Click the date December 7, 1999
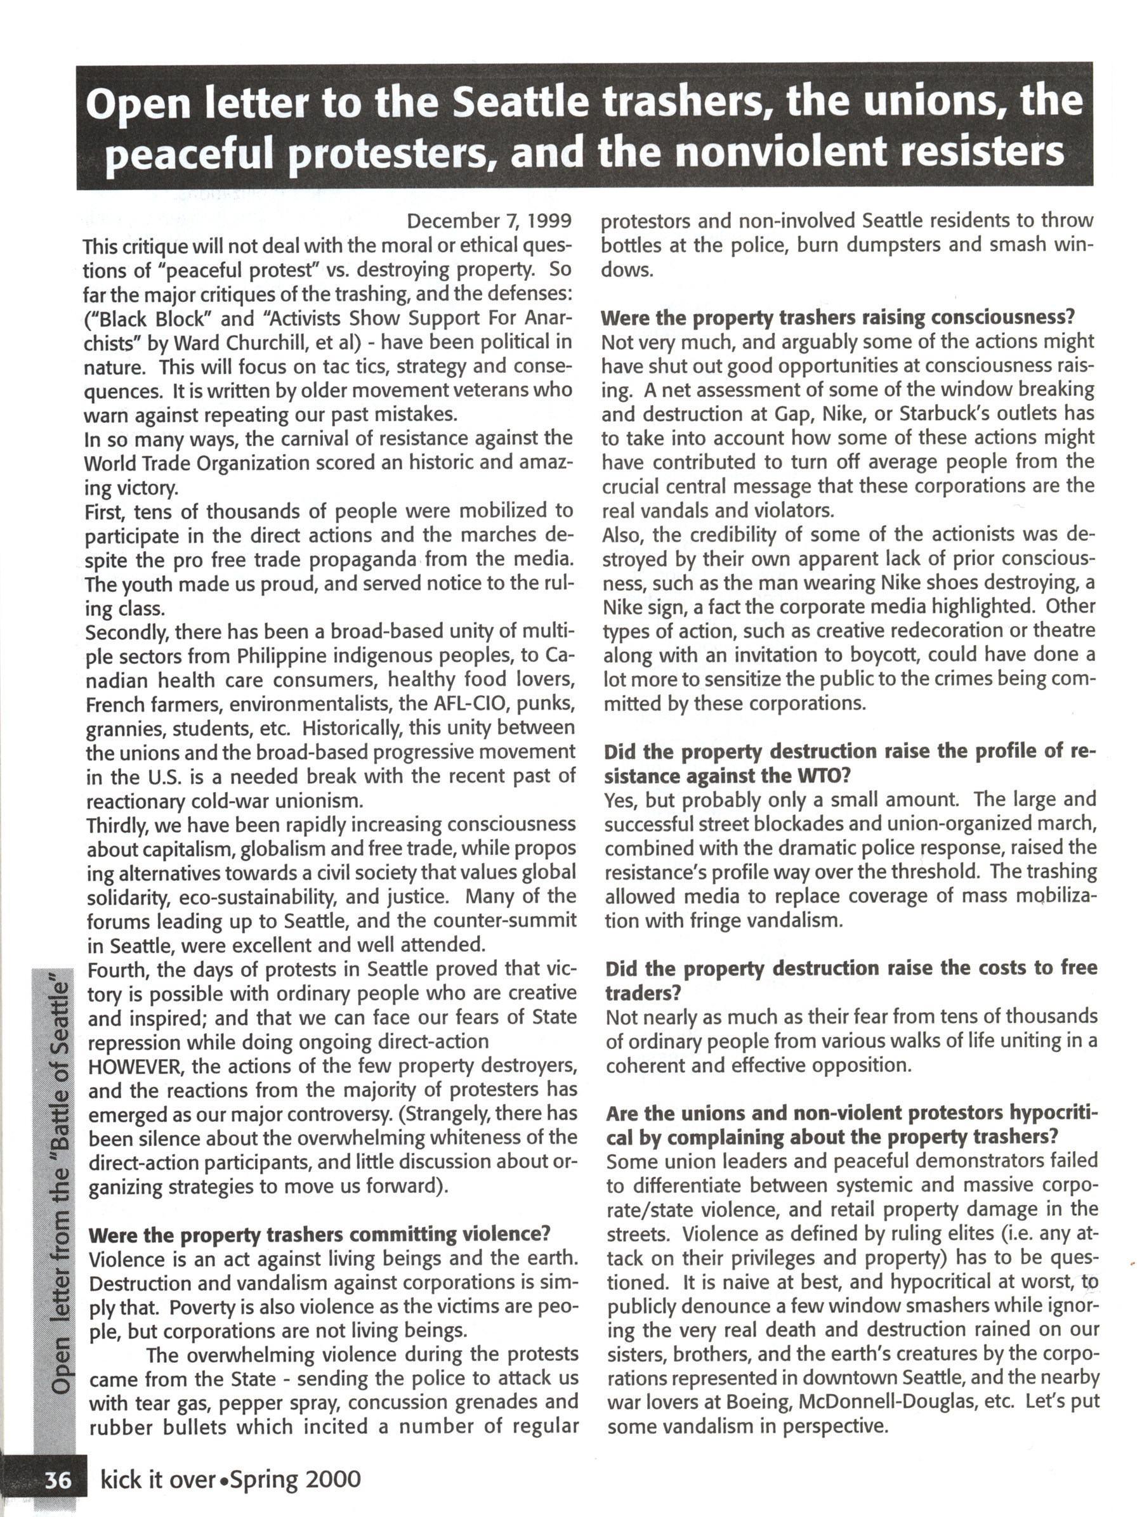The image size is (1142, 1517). click(x=489, y=221)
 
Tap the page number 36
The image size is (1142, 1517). click(x=58, y=1481)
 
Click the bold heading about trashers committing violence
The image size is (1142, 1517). click(x=320, y=1234)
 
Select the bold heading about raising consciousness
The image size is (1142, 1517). click(x=837, y=318)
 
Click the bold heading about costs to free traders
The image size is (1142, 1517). click(x=851, y=980)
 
